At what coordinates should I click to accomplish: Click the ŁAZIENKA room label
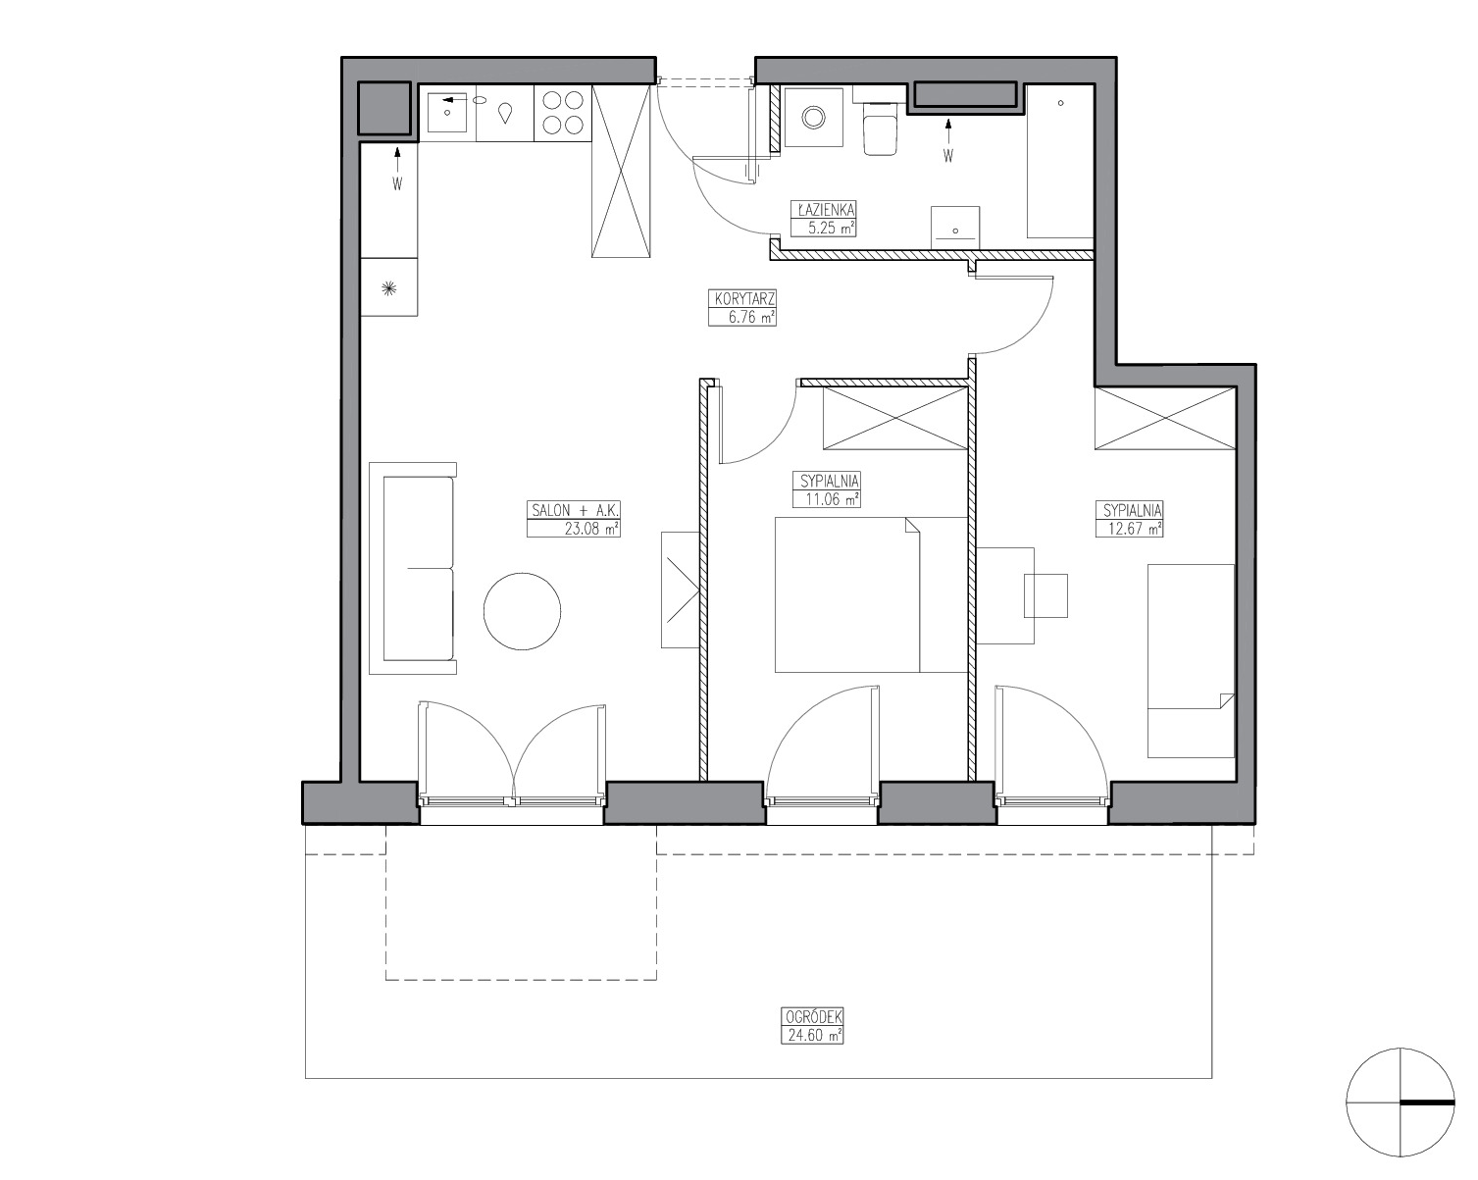click(x=826, y=209)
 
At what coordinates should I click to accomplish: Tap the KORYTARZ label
click(x=743, y=299)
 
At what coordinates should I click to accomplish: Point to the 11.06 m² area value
click(x=832, y=499)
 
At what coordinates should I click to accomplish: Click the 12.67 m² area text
click(x=1135, y=529)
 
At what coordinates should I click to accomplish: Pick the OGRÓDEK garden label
click(x=812, y=1017)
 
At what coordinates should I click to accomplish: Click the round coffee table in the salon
click(x=522, y=611)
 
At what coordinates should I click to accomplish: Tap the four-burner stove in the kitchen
click(x=563, y=114)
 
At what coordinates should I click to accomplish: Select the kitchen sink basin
click(x=447, y=114)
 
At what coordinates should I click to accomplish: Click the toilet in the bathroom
click(x=880, y=128)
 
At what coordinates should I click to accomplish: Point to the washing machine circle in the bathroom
click(x=814, y=118)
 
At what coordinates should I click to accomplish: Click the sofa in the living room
click(x=413, y=569)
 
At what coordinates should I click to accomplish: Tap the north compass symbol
click(x=1401, y=1103)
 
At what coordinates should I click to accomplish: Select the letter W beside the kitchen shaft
click(x=397, y=183)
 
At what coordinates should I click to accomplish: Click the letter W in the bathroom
click(x=948, y=156)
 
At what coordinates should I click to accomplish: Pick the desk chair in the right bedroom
click(x=1046, y=595)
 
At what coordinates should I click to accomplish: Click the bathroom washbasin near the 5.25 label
click(x=955, y=228)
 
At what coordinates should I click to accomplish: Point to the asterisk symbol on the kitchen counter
click(x=389, y=288)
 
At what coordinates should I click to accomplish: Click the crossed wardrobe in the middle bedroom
click(x=894, y=418)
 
